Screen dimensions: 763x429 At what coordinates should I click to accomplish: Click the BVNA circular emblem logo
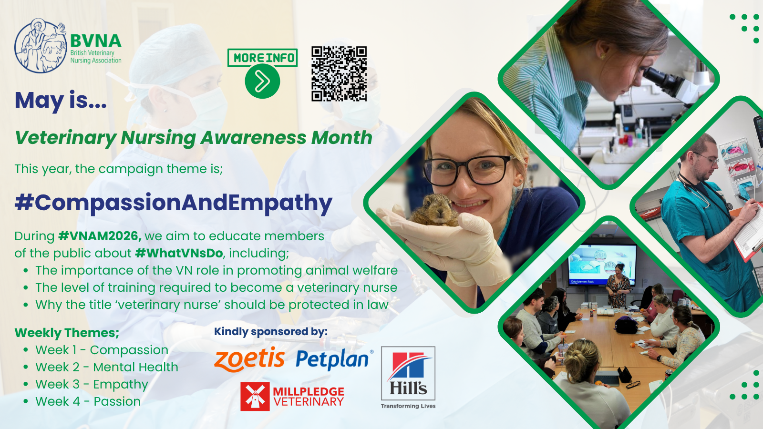click(41, 46)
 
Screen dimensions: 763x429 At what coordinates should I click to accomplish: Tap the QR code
click(339, 73)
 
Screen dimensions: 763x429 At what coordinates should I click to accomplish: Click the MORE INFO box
click(262, 58)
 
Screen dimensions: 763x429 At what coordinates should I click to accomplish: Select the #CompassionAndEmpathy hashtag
click(174, 203)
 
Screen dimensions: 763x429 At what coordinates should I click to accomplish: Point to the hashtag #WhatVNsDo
click(179, 253)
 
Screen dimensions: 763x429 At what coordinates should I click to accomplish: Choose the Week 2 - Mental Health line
click(107, 367)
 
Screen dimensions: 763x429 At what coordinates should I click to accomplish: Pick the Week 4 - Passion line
click(88, 401)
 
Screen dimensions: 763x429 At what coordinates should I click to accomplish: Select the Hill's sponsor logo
click(408, 378)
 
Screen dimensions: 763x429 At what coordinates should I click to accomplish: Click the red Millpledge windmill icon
click(255, 396)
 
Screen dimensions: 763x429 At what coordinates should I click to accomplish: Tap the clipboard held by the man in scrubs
click(749, 232)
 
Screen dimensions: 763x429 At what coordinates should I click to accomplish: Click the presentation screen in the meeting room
click(602, 264)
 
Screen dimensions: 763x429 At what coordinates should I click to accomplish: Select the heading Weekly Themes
click(67, 333)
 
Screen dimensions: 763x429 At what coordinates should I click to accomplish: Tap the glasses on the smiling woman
click(468, 170)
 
